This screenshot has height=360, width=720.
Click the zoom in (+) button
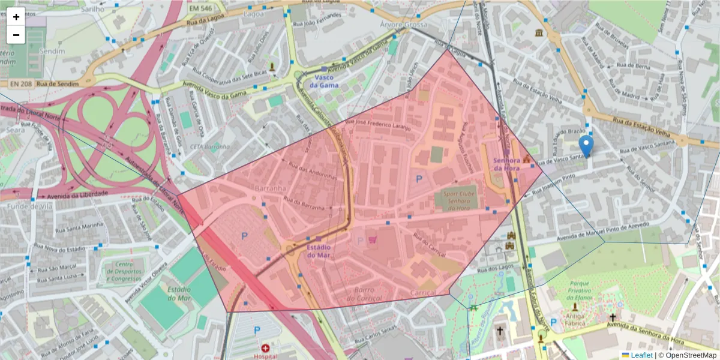point(16,17)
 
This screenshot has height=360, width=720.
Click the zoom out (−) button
point(16,35)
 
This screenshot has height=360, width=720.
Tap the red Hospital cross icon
point(266,348)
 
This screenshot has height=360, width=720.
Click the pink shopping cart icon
point(374,240)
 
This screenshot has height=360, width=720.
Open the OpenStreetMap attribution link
point(691,355)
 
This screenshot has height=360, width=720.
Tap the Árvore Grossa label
point(404,25)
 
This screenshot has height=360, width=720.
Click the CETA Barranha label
point(209,146)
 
